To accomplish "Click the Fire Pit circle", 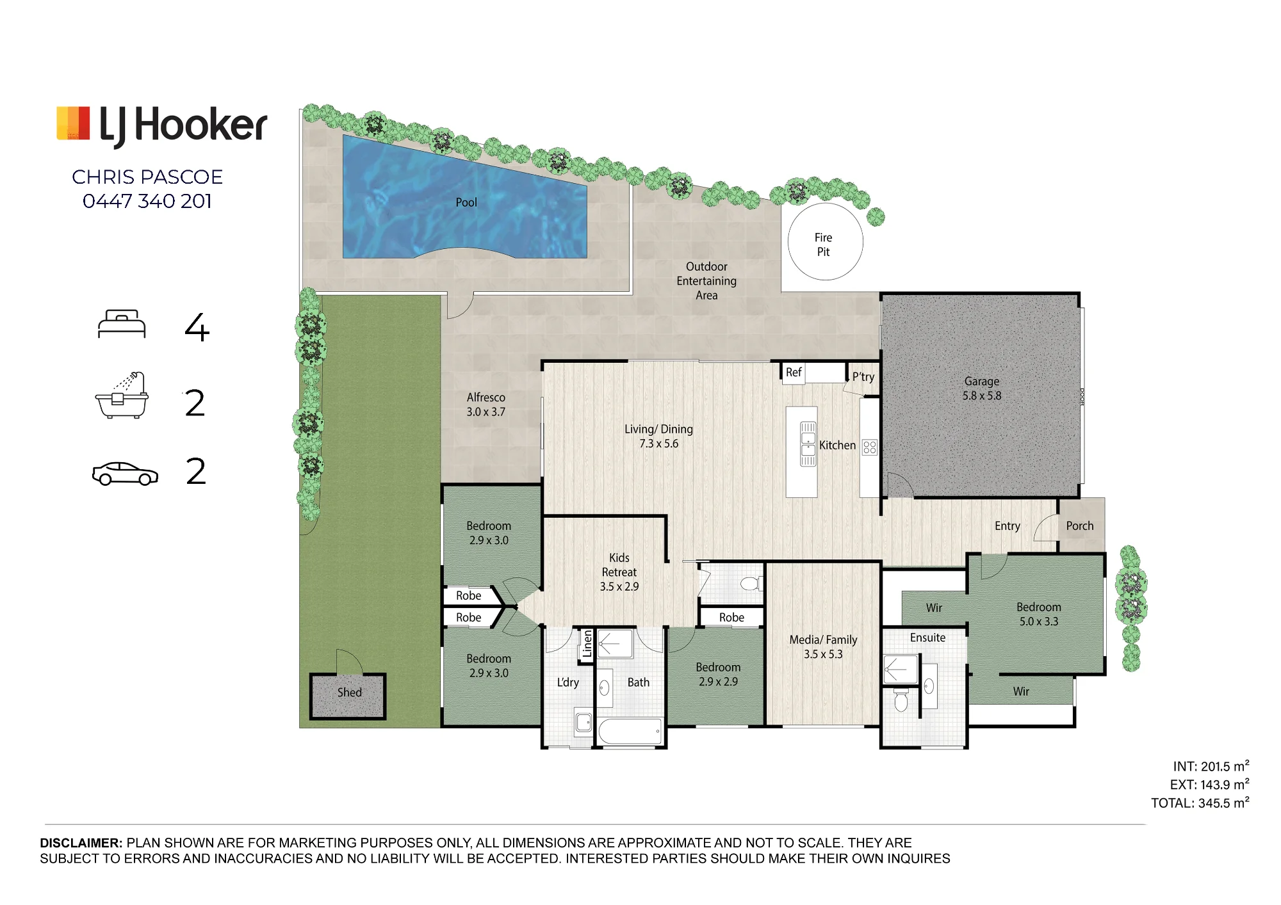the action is [x=788, y=242].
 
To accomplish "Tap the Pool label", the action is [x=466, y=202].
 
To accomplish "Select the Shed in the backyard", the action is [x=348, y=696].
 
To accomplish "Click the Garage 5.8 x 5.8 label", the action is [x=981, y=388].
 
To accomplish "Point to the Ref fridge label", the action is [x=794, y=372].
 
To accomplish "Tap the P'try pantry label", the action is [x=863, y=377].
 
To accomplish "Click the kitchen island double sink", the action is [x=808, y=444].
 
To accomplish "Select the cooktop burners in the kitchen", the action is [x=869, y=447].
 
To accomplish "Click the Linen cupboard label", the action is [x=587, y=643].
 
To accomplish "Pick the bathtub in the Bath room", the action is [x=630, y=732].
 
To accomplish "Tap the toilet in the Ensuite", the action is [x=901, y=700].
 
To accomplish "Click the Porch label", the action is [x=1080, y=525].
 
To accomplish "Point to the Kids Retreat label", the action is [x=619, y=572].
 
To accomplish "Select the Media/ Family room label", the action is [x=823, y=646].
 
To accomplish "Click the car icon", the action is [x=125, y=474].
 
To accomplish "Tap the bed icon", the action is [x=122, y=324].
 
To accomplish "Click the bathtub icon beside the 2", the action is [x=122, y=396].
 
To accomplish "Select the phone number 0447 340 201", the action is [x=147, y=201].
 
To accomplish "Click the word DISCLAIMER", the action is [x=81, y=843].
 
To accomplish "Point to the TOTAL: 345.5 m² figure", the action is [x=1200, y=803].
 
